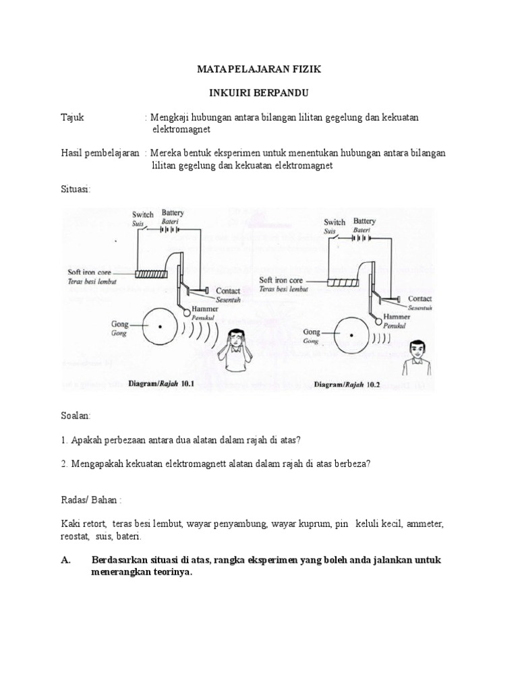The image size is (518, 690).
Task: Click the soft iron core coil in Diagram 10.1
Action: (152, 274)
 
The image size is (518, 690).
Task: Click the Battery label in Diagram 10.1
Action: (173, 214)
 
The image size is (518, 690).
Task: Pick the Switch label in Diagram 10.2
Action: (335, 222)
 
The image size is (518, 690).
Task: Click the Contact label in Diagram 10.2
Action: (420, 298)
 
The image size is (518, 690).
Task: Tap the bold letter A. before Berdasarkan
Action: (66, 561)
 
